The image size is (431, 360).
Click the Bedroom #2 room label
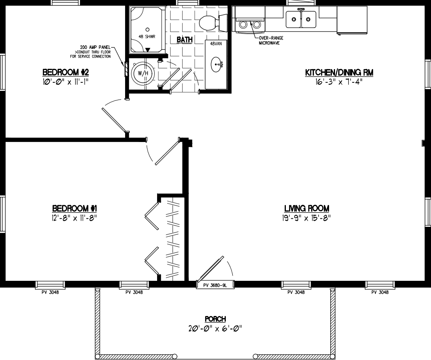(x=65, y=72)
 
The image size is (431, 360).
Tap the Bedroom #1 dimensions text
(x=75, y=218)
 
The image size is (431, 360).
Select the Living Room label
(x=307, y=208)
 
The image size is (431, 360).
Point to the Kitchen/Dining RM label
(x=339, y=72)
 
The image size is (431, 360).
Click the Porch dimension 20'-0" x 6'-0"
(x=215, y=328)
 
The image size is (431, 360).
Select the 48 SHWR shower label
(x=147, y=36)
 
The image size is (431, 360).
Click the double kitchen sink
(x=301, y=18)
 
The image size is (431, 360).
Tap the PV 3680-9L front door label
(x=215, y=285)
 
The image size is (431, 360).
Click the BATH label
(x=185, y=40)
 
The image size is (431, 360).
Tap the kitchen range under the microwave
(x=249, y=24)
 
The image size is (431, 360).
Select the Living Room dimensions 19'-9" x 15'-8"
(x=307, y=218)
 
